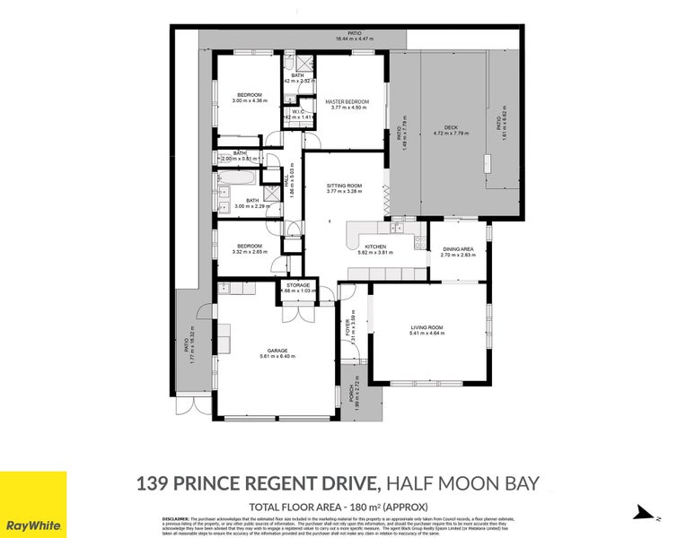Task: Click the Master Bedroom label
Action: [349, 101]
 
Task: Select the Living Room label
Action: [426, 328]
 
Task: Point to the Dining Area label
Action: [458, 249]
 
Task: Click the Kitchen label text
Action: [374, 247]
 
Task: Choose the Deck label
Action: [451, 128]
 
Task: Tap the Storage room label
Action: [298, 285]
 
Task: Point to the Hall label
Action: [286, 179]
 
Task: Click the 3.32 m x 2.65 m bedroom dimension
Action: [249, 252]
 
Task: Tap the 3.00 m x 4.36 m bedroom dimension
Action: [249, 100]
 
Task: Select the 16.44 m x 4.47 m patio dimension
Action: [354, 39]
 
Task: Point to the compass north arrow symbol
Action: [639, 512]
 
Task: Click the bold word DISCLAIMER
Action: [175, 518]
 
